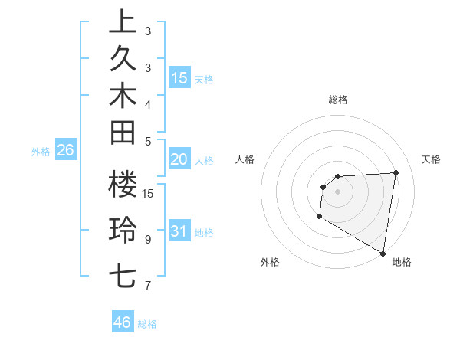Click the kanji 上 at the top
(x=123, y=23)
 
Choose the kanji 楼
(x=123, y=184)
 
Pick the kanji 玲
(x=123, y=230)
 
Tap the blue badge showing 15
(x=179, y=77)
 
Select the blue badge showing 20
(x=179, y=159)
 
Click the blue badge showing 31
(x=179, y=231)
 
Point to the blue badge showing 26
(x=65, y=150)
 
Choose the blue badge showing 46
(x=122, y=322)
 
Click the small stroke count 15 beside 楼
(x=148, y=193)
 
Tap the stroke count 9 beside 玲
(x=148, y=239)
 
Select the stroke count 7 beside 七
(x=148, y=286)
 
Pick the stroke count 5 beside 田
(x=148, y=141)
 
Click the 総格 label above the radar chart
(x=338, y=100)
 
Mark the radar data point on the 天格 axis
(x=396, y=172)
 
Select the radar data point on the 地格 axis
(x=383, y=253)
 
